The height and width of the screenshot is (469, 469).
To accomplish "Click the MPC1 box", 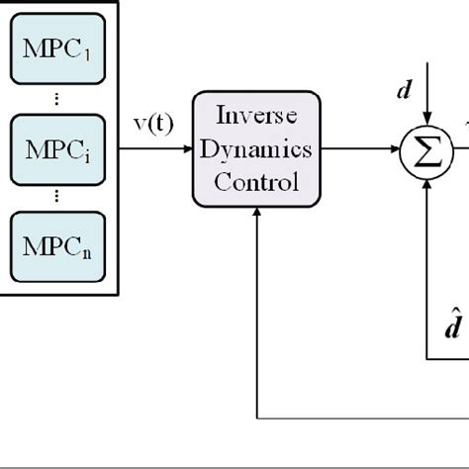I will point(56,47).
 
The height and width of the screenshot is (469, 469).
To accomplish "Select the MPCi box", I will point(56,149).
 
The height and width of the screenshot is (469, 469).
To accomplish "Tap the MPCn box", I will point(56,243).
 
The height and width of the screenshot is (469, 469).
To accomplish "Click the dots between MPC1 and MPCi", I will point(56,98).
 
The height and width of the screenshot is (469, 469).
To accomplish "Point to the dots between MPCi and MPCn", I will point(56,196).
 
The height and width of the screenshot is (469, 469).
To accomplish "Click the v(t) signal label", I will point(153,125).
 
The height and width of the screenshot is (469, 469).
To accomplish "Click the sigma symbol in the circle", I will point(425,151).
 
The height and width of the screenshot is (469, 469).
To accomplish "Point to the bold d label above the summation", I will point(404,91).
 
